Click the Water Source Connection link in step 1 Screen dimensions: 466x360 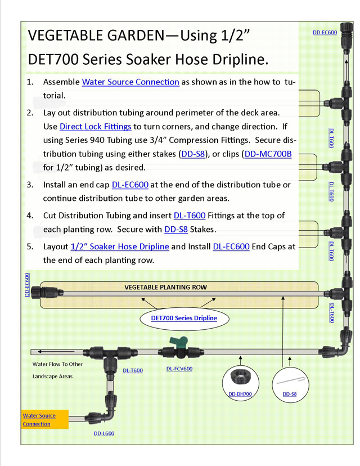click(x=130, y=82)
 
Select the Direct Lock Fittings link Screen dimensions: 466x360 click(x=95, y=127)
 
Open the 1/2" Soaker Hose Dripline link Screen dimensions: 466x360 click(x=120, y=247)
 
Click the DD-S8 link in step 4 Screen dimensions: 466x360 click(x=175, y=230)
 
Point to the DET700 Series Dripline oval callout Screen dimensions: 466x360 click(x=184, y=318)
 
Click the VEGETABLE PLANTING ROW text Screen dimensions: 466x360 click(x=165, y=287)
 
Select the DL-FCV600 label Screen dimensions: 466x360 click(x=179, y=369)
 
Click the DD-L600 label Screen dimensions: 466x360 click(x=104, y=433)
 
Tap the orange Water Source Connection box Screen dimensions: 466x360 click(x=44, y=420)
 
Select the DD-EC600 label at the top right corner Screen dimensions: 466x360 click(x=325, y=33)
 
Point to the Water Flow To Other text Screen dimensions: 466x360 click(x=57, y=364)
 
